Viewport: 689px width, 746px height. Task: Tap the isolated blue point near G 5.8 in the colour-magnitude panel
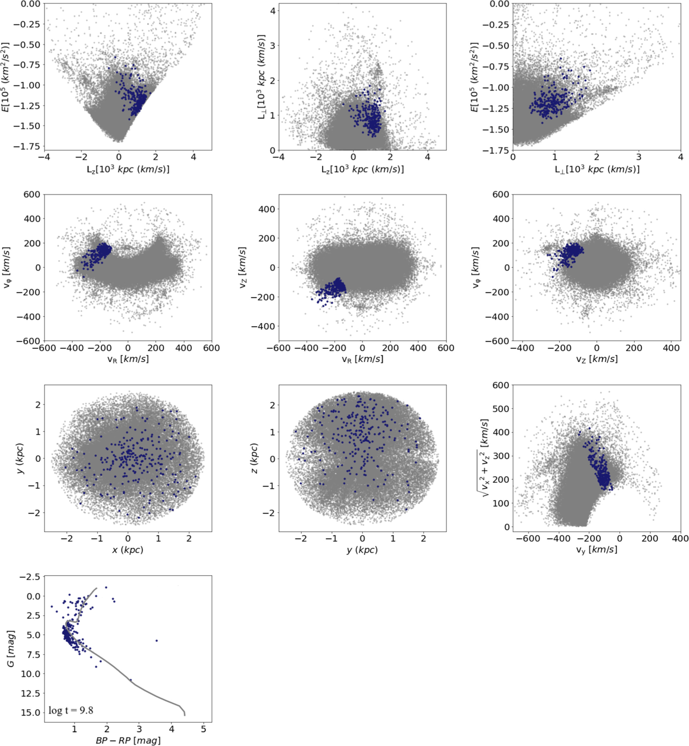pyautogui.click(x=156, y=640)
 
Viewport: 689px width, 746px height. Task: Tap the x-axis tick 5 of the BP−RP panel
pyautogui.click(x=203, y=728)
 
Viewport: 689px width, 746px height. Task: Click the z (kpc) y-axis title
pyautogui.click(x=254, y=458)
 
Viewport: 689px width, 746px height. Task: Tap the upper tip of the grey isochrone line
pyautogui.click(x=97, y=588)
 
